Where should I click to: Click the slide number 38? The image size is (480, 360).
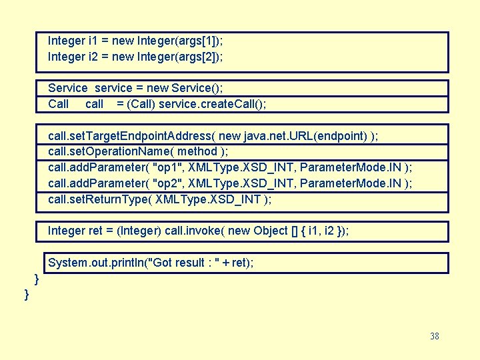(435, 336)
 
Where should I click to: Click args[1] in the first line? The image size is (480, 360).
(197, 41)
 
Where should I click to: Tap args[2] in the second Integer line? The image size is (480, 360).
(198, 57)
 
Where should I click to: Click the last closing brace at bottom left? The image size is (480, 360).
(27, 294)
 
